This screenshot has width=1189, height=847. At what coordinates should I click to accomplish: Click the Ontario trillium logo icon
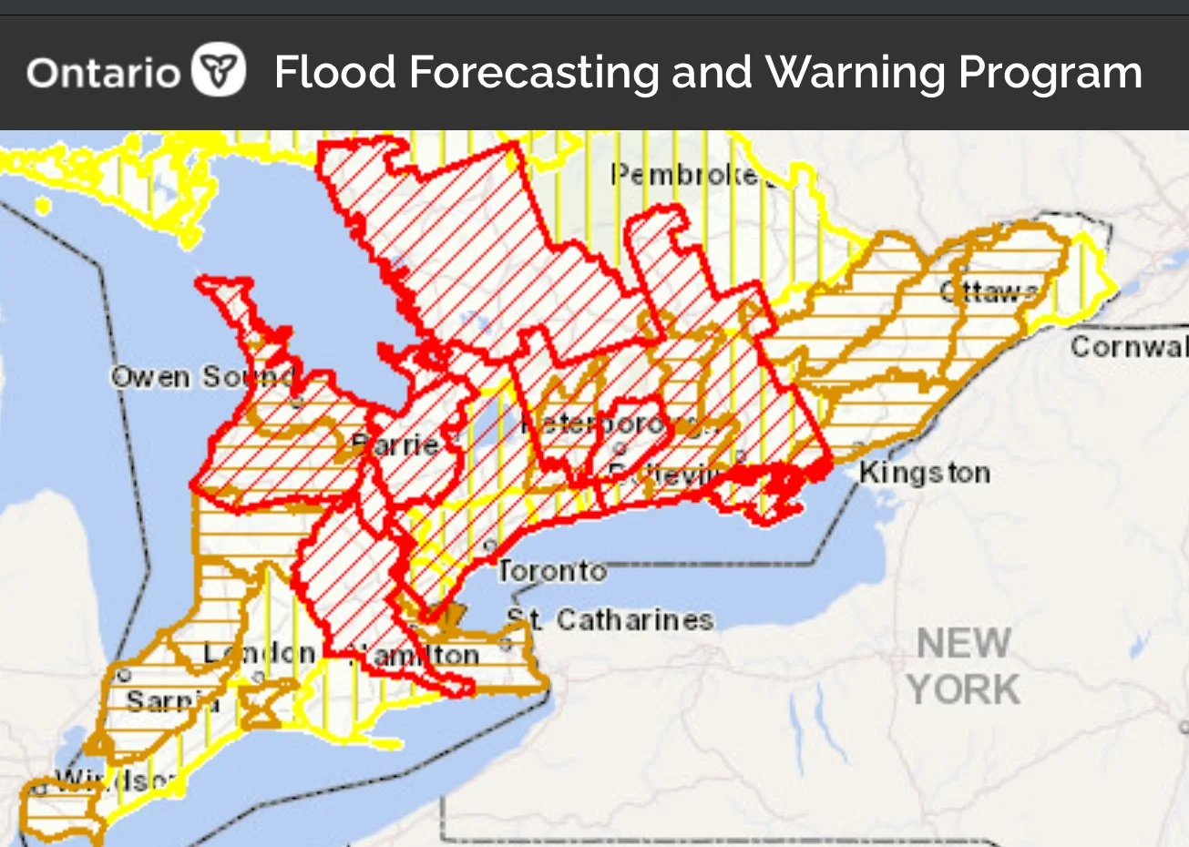click(219, 71)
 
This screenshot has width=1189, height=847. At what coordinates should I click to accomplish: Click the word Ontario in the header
click(103, 72)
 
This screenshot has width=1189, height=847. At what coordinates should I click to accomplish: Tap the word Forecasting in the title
click(534, 72)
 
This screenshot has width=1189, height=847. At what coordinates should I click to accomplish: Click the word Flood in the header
click(334, 72)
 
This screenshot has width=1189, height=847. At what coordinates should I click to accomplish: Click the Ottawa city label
click(989, 291)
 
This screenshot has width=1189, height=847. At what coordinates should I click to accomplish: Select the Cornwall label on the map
click(1129, 347)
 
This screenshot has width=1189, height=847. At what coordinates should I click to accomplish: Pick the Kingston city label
click(924, 473)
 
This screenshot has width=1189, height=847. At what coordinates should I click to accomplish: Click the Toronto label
click(551, 571)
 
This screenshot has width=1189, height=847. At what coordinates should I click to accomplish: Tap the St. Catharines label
click(610, 620)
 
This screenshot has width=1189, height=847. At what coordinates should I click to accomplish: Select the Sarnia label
click(171, 701)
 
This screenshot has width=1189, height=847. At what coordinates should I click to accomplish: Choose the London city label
click(259, 653)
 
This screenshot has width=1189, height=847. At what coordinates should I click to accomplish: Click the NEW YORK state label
click(963, 667)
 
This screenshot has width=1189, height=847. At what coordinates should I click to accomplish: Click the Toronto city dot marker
click(490, 545)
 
